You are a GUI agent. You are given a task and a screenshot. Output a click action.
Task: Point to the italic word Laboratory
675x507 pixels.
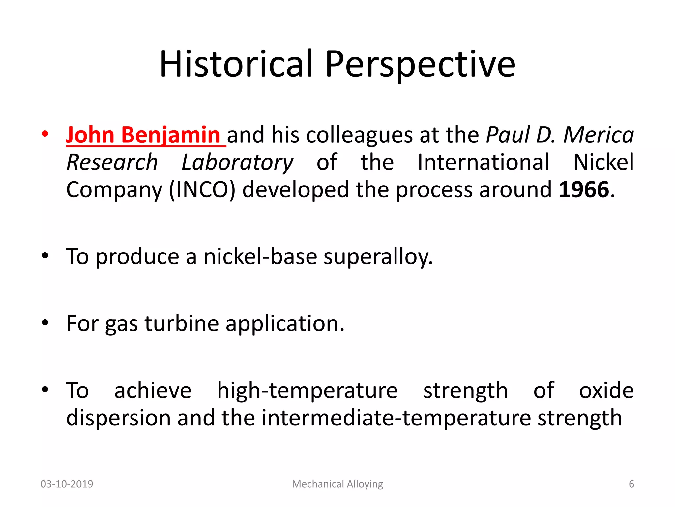pyautogui.click(x=237, y=162)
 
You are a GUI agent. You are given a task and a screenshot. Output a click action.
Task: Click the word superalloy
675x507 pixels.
pyautogui.click(x=378, y=257)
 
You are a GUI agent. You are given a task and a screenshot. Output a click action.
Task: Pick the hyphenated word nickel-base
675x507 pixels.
pyautogui.click(x=260, y=257)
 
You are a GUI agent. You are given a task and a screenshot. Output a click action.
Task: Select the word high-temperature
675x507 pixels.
pyautogui.click(x=307, y=390)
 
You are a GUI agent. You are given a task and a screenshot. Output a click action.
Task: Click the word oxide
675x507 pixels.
pyautogui.click(x=606, y=390)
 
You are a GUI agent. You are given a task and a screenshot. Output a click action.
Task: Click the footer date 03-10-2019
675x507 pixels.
pyautogui.click(x=67, y=484)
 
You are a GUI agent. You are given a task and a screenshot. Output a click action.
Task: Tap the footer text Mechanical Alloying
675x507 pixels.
pyautogui.click(x=337, y=484)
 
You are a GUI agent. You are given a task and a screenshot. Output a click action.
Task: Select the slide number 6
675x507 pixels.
pyautogui.click(x=631, y=484)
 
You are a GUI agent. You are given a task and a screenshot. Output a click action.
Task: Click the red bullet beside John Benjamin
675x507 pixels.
pyautogui.click(x=45, y=134)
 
